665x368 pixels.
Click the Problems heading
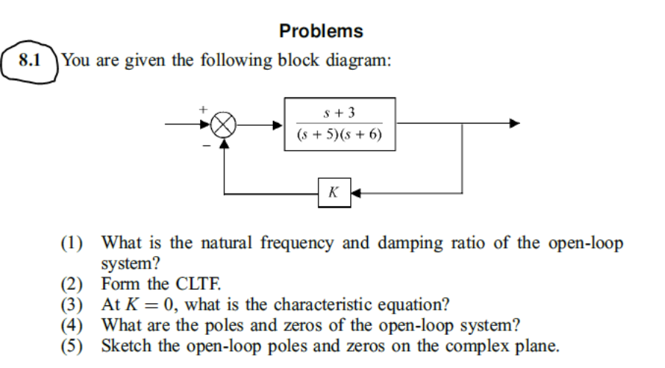(x=321, y=31)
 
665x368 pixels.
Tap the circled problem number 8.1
(x=30, y=60)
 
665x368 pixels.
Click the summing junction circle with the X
(x=221, y=125)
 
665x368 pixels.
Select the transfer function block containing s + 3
(x=340, y=124)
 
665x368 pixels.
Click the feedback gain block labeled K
(x=334, y=194)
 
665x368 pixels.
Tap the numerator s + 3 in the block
(x=340, y=112)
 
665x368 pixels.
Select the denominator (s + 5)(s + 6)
(x=340, y=135)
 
